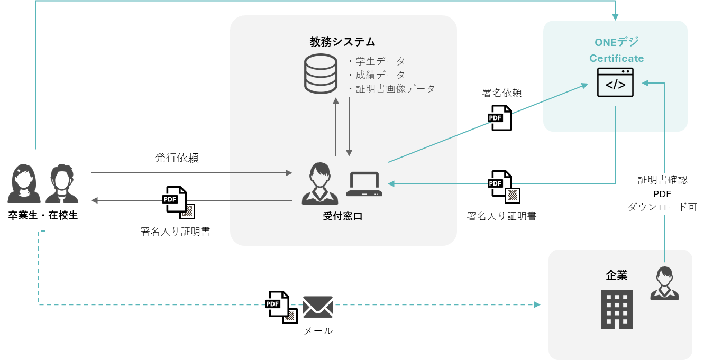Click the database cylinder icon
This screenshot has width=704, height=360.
tap(321, 73)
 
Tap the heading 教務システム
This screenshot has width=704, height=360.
tap(343, 42)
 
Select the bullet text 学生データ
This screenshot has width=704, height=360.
tap(380, 61)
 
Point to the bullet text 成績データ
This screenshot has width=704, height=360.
tap(380, 75)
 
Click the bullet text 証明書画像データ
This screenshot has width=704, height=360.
tap(395, 89)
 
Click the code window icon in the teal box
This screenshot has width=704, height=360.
tap(615, 82)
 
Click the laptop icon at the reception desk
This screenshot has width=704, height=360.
tap(364, 184)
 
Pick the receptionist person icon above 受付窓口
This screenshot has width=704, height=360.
tap(319, 184)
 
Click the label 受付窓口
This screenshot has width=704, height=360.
tap(343, 216)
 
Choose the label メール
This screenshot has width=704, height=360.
tap(318, 331)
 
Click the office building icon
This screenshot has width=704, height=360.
tap(617, 309)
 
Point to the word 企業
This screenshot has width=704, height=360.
tap(616, 275)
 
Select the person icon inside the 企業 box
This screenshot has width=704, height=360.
tap(664, 283)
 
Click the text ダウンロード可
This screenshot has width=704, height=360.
tap(662, 208)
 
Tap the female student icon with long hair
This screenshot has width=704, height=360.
tap(24, 183)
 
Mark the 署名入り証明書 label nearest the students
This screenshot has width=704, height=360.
tap(175, 232)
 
